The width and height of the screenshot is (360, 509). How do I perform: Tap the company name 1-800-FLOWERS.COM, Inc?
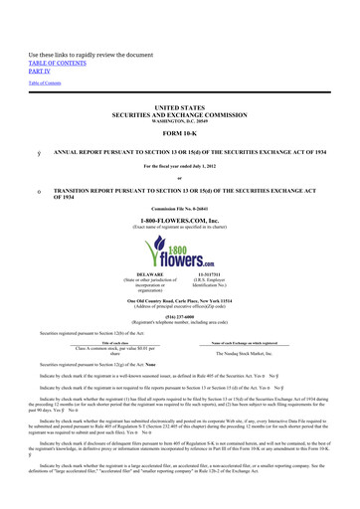coord(180,204)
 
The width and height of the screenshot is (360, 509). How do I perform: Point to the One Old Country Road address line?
coord(180,298)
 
